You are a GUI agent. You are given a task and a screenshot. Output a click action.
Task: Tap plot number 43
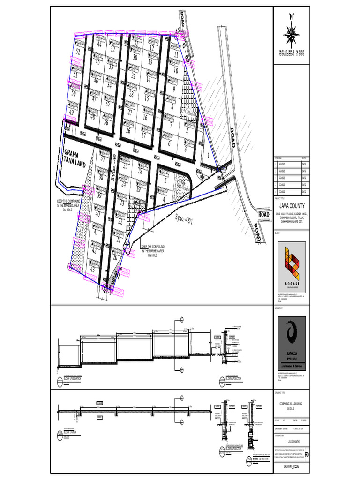pyautogui.click(x=93, y=269)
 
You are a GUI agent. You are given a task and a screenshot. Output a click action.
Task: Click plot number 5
pyautogui.click(x=165, y=180)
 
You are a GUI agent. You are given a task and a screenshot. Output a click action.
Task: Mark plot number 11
pyautogui.click(x=176, y=54)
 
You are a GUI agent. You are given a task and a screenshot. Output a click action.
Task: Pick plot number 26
pyautogui.click(x=128, y=131)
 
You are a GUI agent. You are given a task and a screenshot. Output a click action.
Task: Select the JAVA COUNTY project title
pyautogui.click(x=292, y=205)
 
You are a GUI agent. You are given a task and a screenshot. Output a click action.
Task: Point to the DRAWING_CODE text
pyautogui.click(x=292, y=467)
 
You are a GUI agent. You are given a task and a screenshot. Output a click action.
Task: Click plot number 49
pyautogui.click(x=72, y=112)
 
